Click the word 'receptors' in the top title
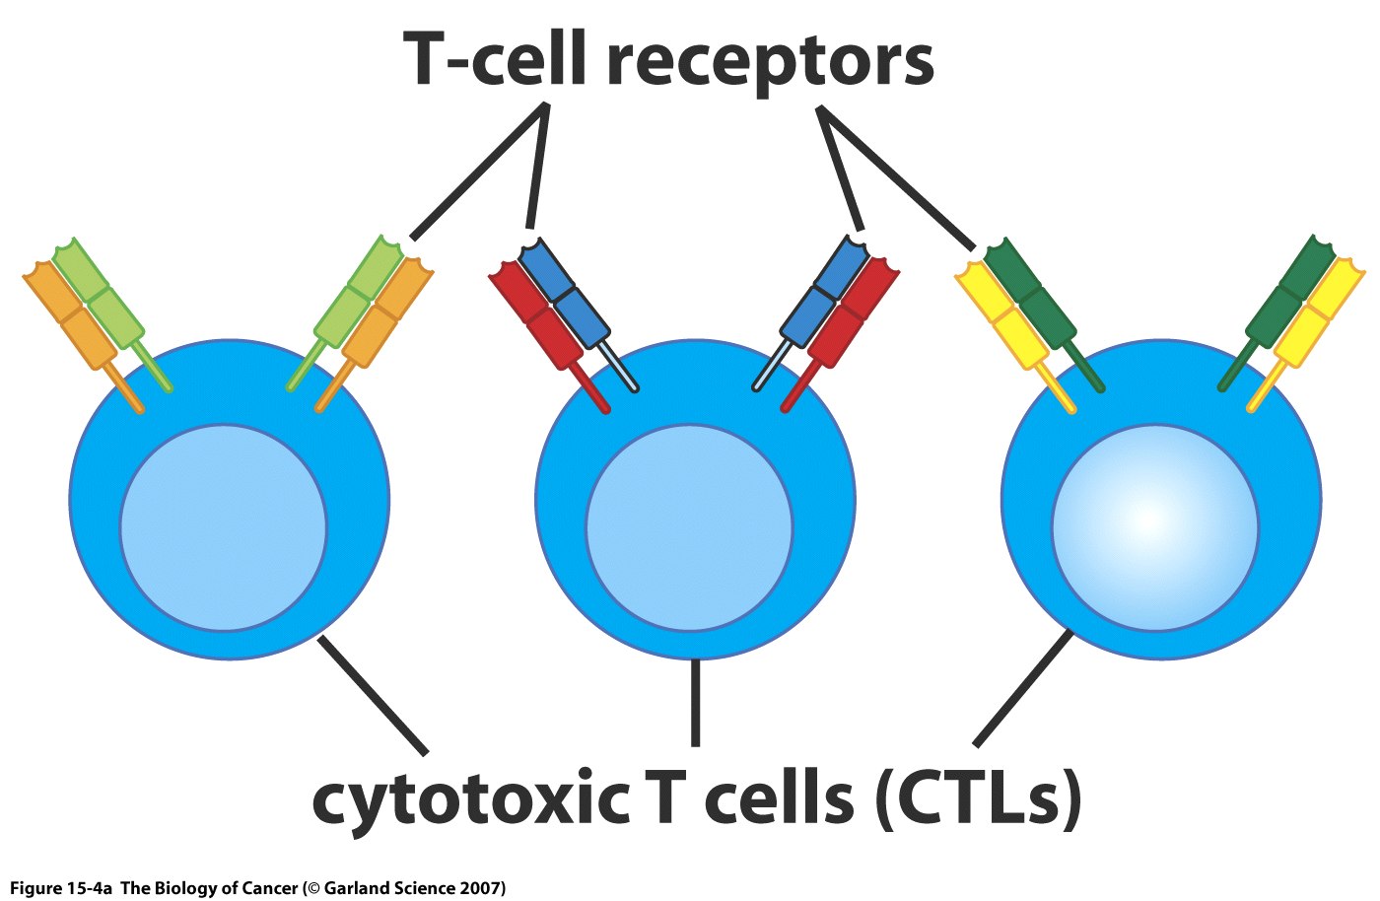click(769, 61)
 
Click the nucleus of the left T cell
click(223, 527)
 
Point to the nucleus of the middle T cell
click(689, 527)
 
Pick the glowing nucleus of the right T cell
click(1154, 527)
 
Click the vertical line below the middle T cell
click(695, 702)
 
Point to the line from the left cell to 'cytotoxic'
click(373, 695)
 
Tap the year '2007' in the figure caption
click(483, 888)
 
